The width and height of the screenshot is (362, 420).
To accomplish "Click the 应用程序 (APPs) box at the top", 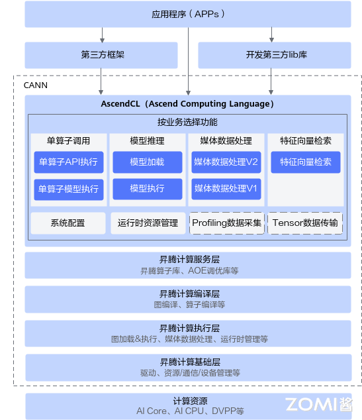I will point(188,14).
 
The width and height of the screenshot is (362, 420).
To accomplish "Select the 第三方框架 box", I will point(101,56).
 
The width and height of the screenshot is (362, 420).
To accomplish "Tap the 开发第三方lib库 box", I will point(275,56).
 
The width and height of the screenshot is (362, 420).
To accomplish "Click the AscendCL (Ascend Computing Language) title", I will point(188,104).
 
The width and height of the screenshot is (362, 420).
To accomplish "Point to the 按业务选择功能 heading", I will point(187,123).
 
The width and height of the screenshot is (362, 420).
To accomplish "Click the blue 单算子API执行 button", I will point(69,162).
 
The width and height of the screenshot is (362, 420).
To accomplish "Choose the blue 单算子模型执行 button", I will point(69,189).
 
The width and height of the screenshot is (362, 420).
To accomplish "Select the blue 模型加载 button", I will point(147,162).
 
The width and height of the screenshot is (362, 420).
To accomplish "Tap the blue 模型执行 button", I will point(147,189).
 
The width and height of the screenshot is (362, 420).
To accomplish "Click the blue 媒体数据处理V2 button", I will point(226,162).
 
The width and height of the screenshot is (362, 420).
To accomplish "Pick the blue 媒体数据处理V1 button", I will point(226,189).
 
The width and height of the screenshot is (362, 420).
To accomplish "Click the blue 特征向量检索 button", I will point(305,162).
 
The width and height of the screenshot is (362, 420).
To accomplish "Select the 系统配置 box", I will point(68,223).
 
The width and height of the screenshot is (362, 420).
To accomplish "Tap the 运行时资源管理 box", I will point(147,223).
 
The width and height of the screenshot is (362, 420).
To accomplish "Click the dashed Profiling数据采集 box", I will point(226,223).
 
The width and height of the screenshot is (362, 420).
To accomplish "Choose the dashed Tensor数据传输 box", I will point(305,223).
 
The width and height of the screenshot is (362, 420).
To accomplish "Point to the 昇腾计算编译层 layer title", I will point(189,294).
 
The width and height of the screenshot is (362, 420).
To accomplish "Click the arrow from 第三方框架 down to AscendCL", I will point(101,81).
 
